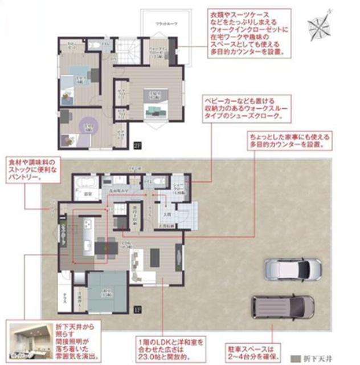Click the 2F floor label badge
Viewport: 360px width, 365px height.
coord(137,144)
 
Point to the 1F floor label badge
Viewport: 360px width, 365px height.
coord(137,310)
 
